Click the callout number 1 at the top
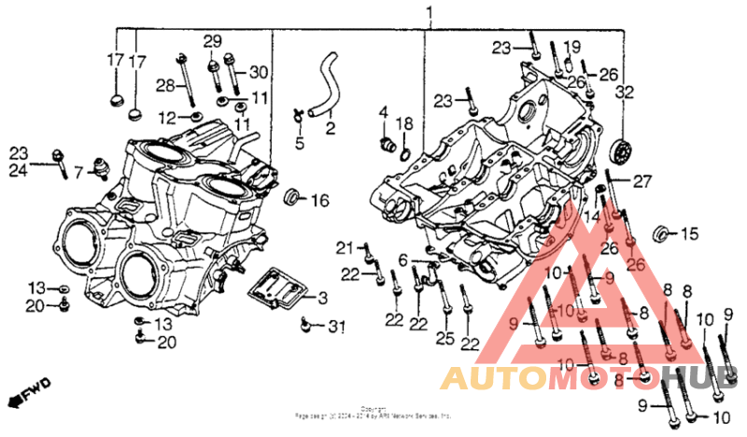click(x=430, y=13)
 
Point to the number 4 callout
click(x=383, y=113)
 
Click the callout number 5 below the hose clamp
click(x=300, y=143)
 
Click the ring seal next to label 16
click(x=292, y=196)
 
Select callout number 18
click(x=404, y=124)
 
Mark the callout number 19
click(x=571, y=46)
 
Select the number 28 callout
click(x=165, y=86)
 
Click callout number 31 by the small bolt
click(x=336, y=327)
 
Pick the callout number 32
click(x=624, y=92)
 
